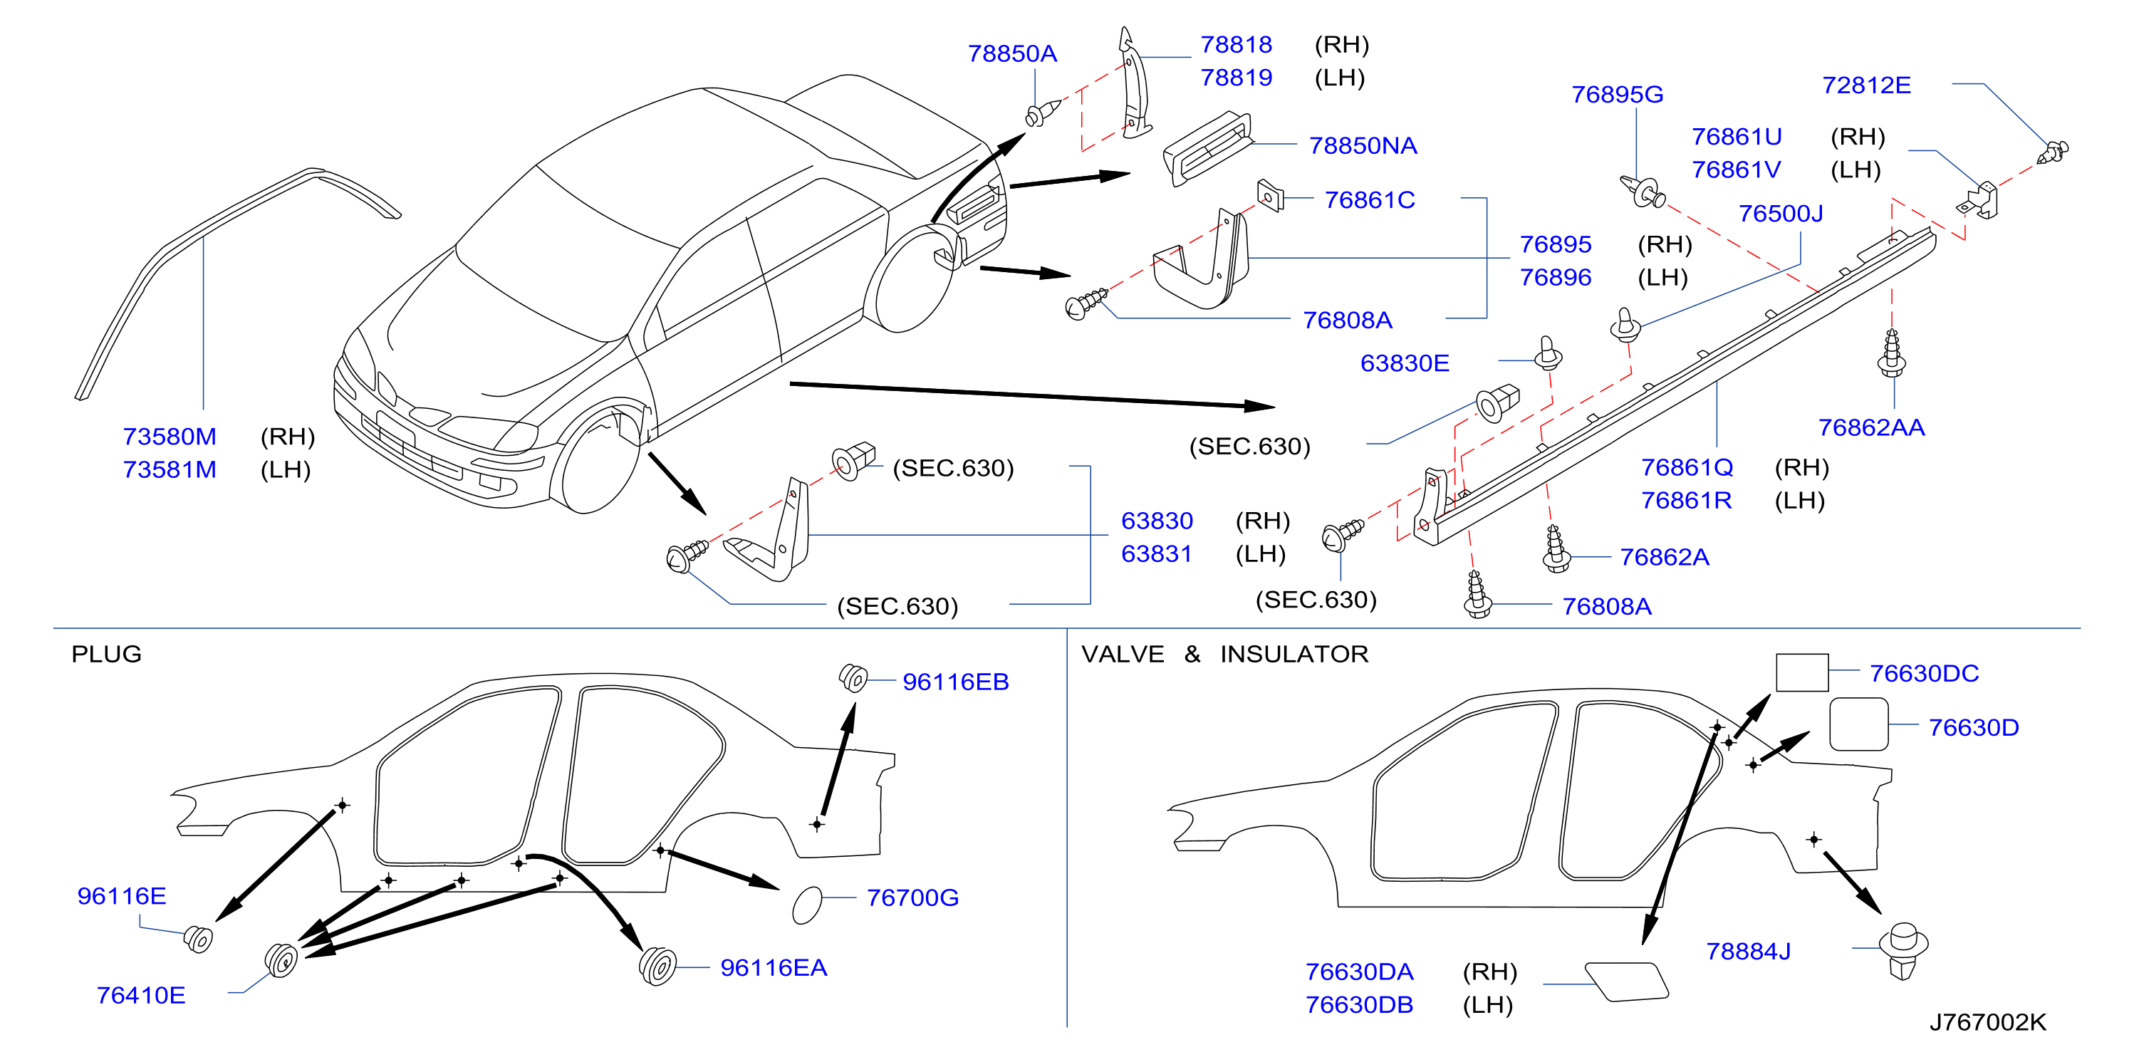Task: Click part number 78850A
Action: coord(1011,54)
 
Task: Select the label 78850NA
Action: coord(1363,146)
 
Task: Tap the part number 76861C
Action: coord(1370,199)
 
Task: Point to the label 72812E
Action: coord(1866,85)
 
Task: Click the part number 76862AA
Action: coord(1871,427)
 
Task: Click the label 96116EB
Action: coord(956,682)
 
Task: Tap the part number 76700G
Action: coord(913,897)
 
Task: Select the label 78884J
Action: coord(1749,951)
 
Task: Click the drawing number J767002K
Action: coord(1988,1021)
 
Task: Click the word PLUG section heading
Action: coord(106,655)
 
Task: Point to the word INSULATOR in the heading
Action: coord(1294,655)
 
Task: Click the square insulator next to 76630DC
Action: coord(1802,672)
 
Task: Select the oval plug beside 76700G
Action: coord(807,905)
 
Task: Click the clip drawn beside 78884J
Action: coord(1904,950)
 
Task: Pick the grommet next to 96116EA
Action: coord(657,965)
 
